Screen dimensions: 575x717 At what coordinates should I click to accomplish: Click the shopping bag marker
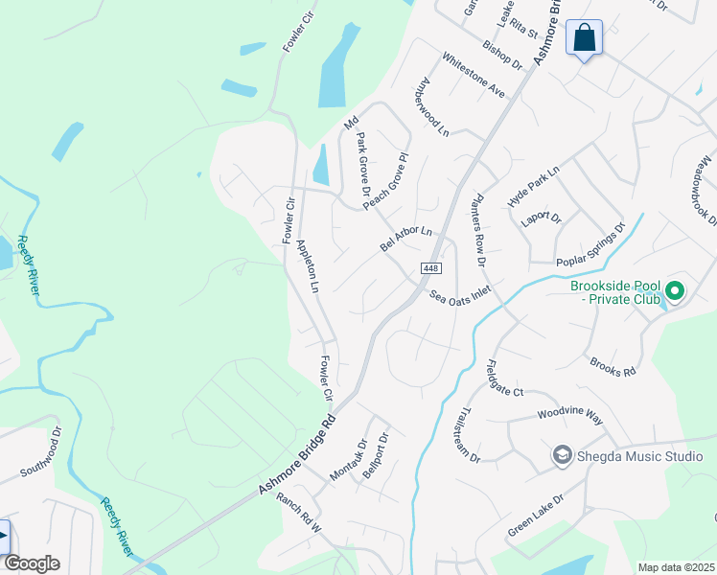coord(585,38)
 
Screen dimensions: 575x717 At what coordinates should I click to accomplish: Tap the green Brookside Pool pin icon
coord(674,289)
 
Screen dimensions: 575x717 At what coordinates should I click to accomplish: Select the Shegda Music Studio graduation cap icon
coord(562,456)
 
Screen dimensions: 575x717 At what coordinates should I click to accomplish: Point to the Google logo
coord(31,563)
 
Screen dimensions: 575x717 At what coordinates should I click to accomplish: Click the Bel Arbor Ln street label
coord(406,239)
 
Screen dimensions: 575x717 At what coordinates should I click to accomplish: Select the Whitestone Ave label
coord(473,73)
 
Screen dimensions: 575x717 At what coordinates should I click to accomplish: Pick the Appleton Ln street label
coord(307,265)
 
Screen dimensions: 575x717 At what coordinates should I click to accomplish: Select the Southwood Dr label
coord(41,455)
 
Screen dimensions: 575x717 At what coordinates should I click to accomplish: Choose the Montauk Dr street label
coord(348,460)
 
